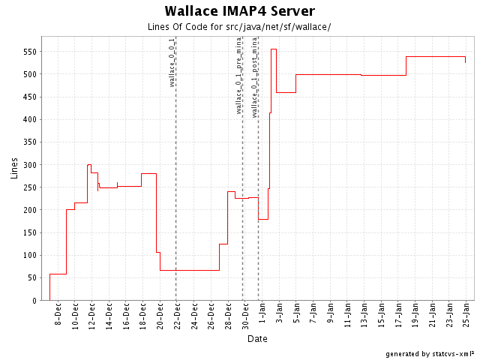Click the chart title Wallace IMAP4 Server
pos(240,11)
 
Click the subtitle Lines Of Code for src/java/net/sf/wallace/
pos(240,27)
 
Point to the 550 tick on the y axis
pos(30,52)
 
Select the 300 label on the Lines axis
pos(30,165)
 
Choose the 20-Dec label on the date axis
pos(160,316)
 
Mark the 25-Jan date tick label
pos(466,316)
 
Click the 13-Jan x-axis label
pos(364,316)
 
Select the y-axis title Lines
pos(14,169)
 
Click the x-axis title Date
pos(257,339)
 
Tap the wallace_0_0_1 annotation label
pos(172,62)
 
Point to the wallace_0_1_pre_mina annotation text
pos(238,75)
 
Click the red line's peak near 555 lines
pos(274,49)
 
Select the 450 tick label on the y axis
pos(30,97)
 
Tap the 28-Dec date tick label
pos(228,316)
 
